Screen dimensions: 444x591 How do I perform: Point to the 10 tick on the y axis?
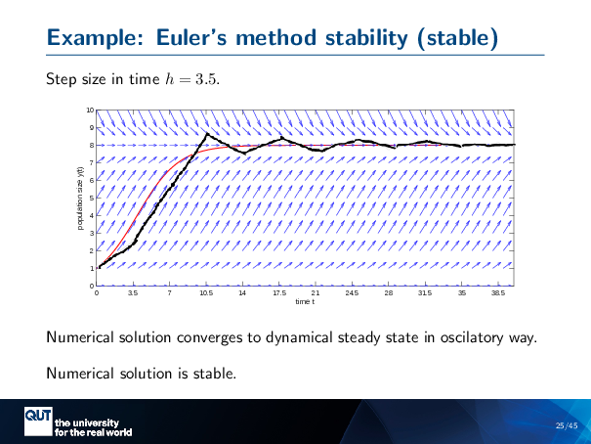pyautogui.click(x=90, y=111)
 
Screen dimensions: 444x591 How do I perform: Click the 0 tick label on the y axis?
pyautogui.click(x=92, y=285)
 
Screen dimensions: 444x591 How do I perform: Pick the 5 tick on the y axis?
pyautogui.click(x=92, y=199)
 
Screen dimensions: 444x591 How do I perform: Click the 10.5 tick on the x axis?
pyautogui.click(x=206, y=292)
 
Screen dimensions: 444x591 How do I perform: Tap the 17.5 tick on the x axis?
pyautogui.click(x=278, y=292)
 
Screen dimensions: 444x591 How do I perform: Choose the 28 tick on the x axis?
pyautogui.click(x=388, y=292)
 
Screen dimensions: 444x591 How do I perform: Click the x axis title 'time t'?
pyautogui.click(x=305, y=301)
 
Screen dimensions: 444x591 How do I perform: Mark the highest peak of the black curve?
pyautogui.click(x=207, y=134)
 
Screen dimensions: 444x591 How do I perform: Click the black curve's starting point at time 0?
pyautogui.click(x=99, y=267)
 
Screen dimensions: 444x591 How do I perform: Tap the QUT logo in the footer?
pyautogui.click(x=38, y=419)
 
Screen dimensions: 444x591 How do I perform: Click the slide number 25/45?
pyautogui.click(x=566, y=425)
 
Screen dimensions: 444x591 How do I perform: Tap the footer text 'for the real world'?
pyautogui.click(x=93, y=431)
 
